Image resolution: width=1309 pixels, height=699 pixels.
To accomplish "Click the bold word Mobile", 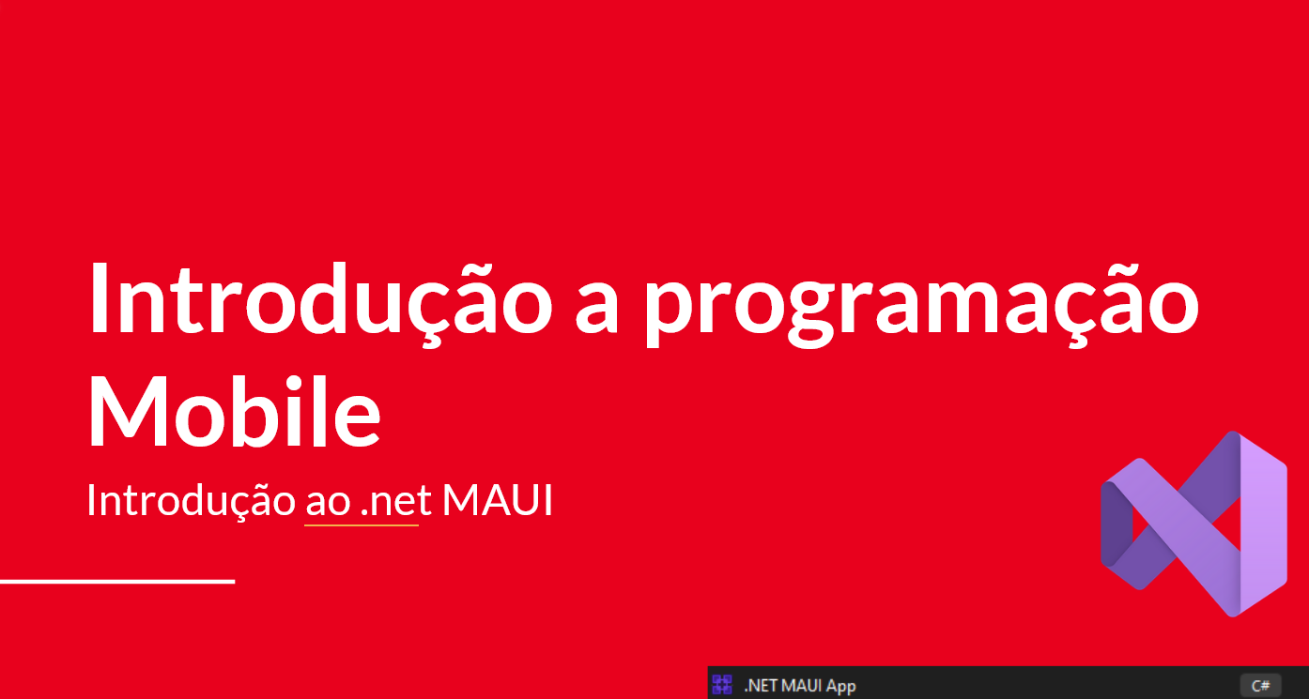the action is pyautogui.click(x=235, y=412).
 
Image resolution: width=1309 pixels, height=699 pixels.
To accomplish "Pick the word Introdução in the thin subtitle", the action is pyautogui.click(x=191, y=500).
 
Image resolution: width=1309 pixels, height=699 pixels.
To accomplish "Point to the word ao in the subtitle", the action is pyautogui.click(x=328, y=502).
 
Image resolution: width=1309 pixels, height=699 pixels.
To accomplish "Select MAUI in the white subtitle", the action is pyautogui.click(x=497, y=500).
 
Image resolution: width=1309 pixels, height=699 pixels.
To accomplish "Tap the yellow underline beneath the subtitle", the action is pyautogui.click(x=362, y=525).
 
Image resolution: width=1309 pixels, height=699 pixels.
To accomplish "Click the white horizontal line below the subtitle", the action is pyautogui.click(x=116, y=582).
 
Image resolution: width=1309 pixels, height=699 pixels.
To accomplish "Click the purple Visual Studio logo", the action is pyautogui.click(x=1193, y=524).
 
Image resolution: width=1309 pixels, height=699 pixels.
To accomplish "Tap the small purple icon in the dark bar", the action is pyautogui.click(x=722, y=684).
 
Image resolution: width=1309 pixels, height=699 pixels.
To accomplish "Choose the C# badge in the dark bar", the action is pyautogui.click(x=1260, y=686).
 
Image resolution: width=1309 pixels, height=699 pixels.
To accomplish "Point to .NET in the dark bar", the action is pyautogui.click(x=761, y=686).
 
